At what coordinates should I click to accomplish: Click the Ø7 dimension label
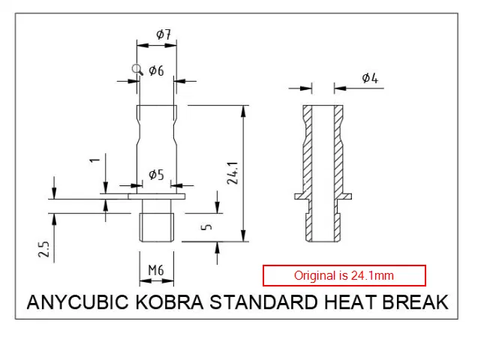coord(164,34)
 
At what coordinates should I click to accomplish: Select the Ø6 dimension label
coord(156,70)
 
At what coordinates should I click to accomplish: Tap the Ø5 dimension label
coord(156,175)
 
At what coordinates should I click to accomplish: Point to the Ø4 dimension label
coord(369,78)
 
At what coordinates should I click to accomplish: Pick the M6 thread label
coord(156,270)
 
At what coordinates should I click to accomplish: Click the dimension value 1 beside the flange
coord(95,160)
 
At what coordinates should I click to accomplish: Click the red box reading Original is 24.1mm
coord(344,276)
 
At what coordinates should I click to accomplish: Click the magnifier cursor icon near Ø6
coord(137,70)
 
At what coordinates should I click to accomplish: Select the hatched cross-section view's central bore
coord(323,172)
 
